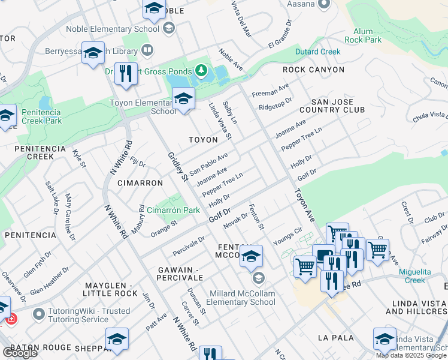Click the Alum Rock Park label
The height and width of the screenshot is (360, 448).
tap(367, 35)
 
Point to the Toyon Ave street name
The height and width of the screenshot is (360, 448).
tap(304, 206)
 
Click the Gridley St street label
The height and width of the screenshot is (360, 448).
tap(174, 162)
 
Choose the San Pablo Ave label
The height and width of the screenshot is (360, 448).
tap(208, 164)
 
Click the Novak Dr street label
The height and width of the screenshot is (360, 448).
tap(235, 220)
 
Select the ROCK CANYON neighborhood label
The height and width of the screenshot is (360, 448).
tap(313, 70)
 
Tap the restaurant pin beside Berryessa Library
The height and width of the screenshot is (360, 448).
tap(126, 74)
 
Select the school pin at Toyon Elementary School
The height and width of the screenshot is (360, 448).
tap(183, 98)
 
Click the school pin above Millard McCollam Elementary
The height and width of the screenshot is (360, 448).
tap(252, 256)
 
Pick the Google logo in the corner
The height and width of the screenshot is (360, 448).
tap(20, 352)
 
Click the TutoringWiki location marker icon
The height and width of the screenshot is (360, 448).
tap(39, 314)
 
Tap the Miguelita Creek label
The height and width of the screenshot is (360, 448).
tap(423, 276)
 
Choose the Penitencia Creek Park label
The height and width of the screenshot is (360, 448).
tap(41, 116)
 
